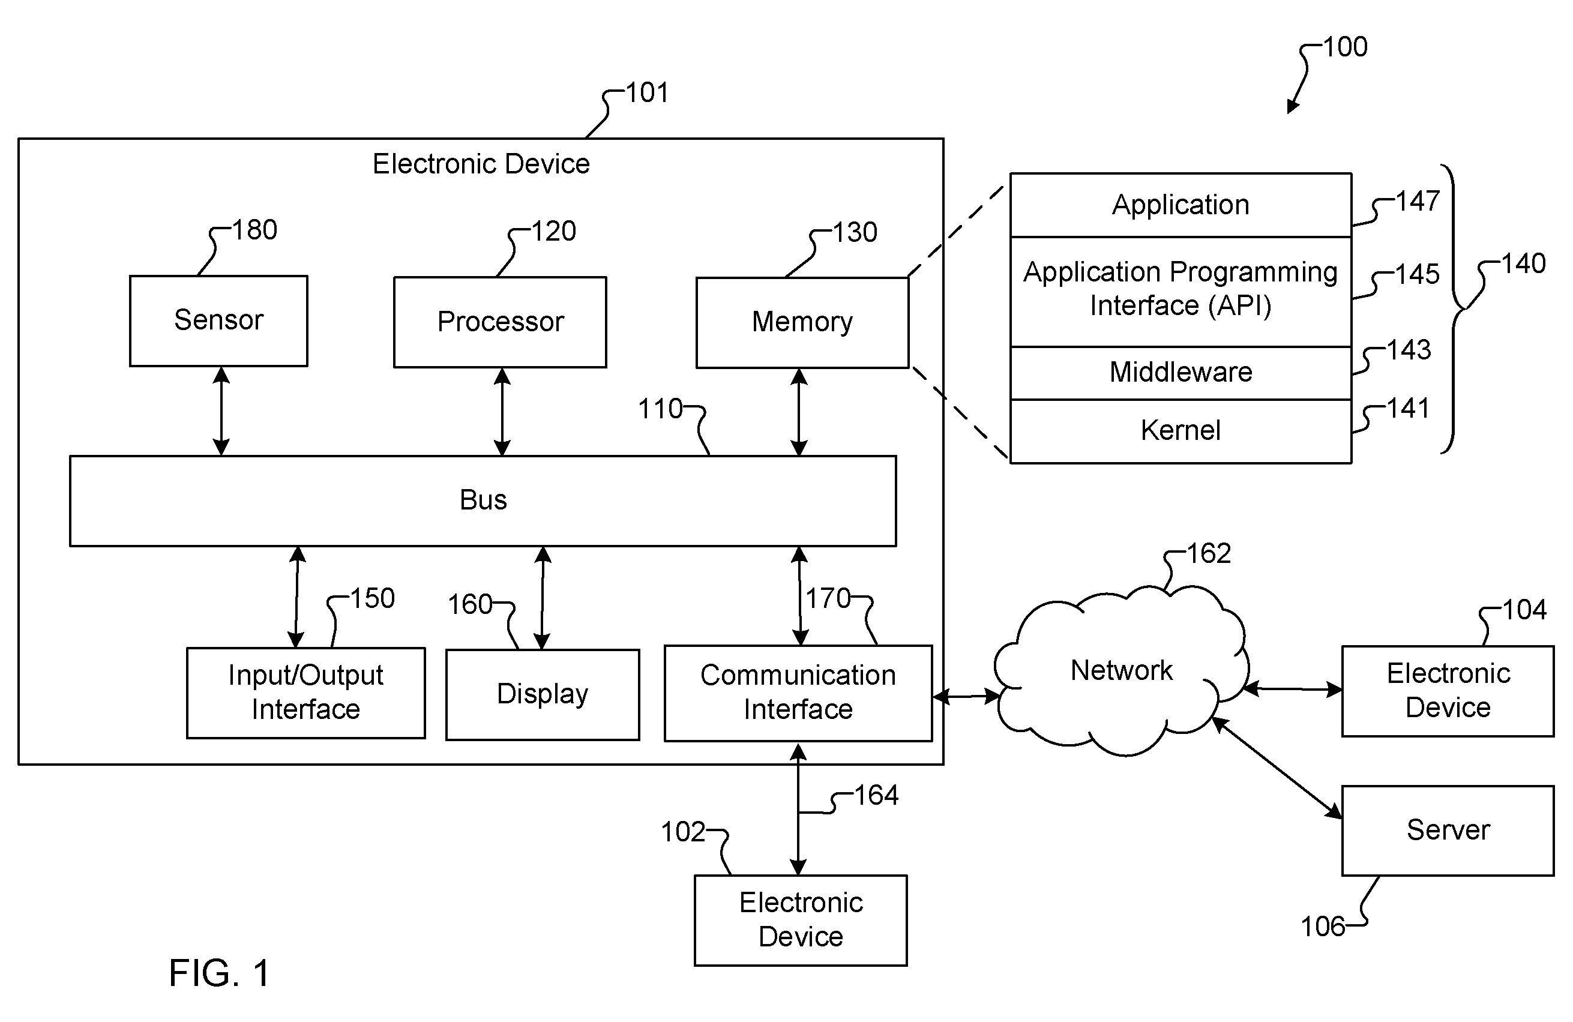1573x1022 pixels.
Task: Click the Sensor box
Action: pyautogui.click(x=219, y=320)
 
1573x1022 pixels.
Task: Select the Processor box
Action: pyautogui.click(x=501, y=322)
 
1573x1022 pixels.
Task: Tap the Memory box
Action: pyautogui.click(x=802, y=323)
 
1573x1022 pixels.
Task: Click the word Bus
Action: pyautogui.click(x=483, y=500)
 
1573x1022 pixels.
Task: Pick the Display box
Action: pyautogui.click(x=543, y=695)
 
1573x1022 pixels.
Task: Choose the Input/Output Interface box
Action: pyautogui.click(x=306, y=693)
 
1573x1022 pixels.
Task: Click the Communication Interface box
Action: pyautogui.click(x=798, y=694)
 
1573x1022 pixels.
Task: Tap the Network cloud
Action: pyautogui.click(x=1122, y=671)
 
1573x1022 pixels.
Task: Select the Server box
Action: pyautogui.click(x=1448, y=831)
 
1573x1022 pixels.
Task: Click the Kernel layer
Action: pyautogui.click(x=1181, y=431)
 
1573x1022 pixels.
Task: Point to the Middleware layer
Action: pyautogui.click(x=1181, y=373)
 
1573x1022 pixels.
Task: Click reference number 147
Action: pyautogui.click(x=1418, y=201)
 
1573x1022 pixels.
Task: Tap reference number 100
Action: pyautogui.click(x=1345, y=47)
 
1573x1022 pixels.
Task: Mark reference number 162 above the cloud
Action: pyautogui.click(x=1209, y=553)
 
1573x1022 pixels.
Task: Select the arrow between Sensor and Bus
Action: pyautogui.click(x=221, y=411)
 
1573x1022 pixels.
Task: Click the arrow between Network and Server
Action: pyautogui.click(x=1277, y=768)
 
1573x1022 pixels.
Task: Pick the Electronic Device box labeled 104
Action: pyautogui.click(x=1448, y=691)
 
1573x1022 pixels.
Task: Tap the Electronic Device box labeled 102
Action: pyautogui.click(x=801, y=921)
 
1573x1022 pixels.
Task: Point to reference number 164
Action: pyautogui.click(x=876, y=795)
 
